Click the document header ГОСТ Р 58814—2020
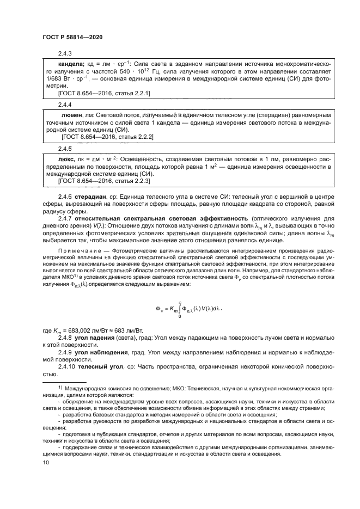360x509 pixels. [72, 36]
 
